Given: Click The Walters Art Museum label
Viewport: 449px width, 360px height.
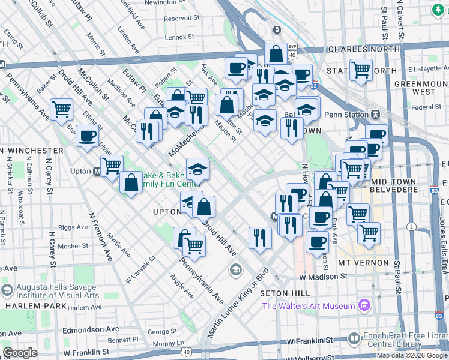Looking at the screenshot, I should coord(309,306).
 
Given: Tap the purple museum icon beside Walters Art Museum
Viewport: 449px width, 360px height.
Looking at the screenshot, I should coord(363,306).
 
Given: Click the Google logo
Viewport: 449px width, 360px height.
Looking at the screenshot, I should coord(20,353).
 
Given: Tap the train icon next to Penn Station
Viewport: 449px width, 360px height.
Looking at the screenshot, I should coord(376,114).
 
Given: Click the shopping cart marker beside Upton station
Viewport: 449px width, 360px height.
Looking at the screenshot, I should coord(112,166).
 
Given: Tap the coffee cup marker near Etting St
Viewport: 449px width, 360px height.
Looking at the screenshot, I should coord(87,136).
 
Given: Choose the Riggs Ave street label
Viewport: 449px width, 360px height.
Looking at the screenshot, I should coord(73,228).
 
